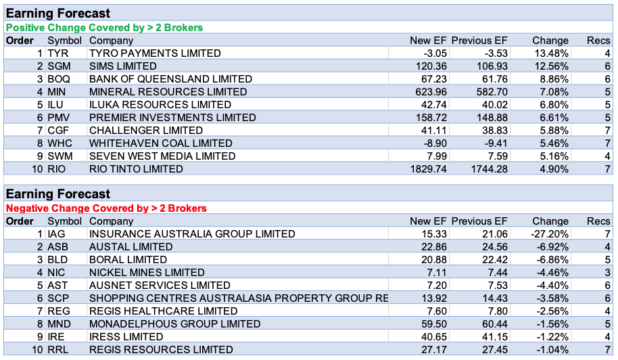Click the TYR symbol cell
(x=58, y=53)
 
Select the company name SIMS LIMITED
(x=123, y=66)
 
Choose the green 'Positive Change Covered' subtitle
(x=105, y=28)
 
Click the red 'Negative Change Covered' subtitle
(x=107, y=208)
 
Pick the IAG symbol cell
(x=57, y=234)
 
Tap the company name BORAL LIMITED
(x=128, y=260)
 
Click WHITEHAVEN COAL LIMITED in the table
(x=160, y=143)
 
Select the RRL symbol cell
(x=58, y=350)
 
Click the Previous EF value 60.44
(x=494, y=324)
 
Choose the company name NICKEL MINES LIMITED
(x=147, y=273)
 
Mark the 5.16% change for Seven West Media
(x=554, y=156)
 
